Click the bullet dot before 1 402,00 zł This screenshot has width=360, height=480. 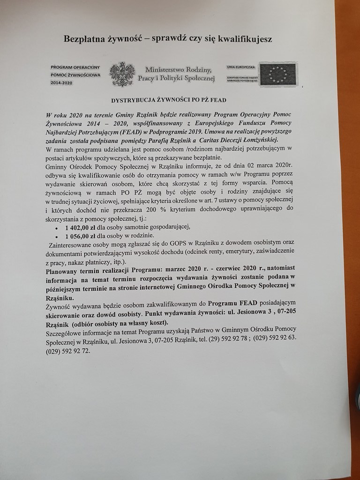point(57,227)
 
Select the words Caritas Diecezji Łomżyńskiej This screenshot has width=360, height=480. point(237,140)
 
